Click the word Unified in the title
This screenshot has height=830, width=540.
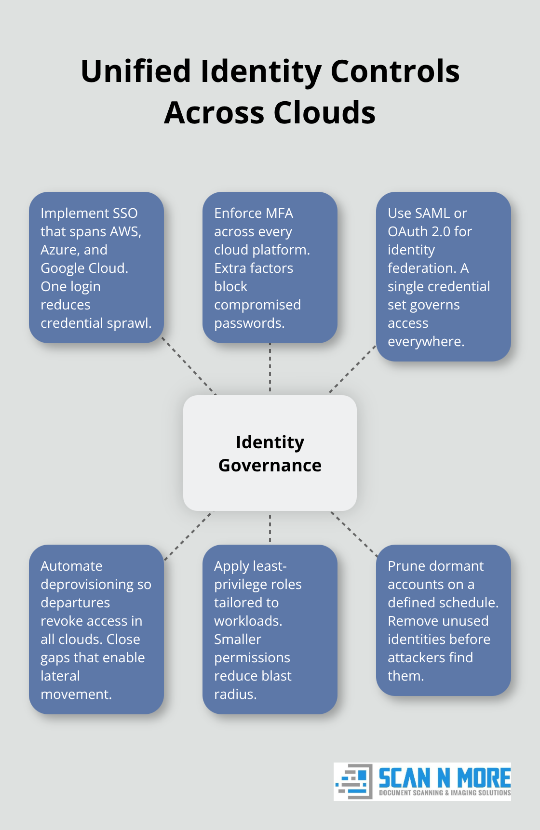click(135, 71)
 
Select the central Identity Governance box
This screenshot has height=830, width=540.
click(270, 453)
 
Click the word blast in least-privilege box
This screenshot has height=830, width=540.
click(277, 676)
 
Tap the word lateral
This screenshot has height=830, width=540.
click(60, 676)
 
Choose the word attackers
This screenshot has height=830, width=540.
click(417, 657)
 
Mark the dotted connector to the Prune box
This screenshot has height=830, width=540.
click(354, 534)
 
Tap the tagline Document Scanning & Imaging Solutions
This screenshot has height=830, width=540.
click(445, 793)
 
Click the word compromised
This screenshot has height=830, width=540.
click(257, 305)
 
